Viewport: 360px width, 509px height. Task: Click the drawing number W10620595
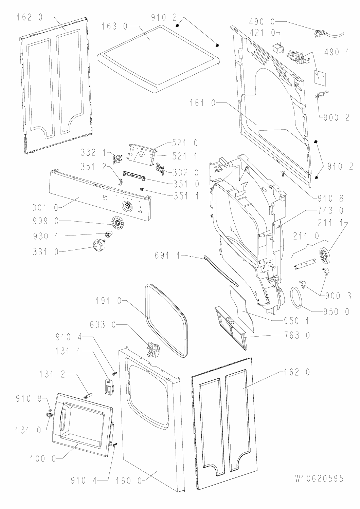coord(319,478)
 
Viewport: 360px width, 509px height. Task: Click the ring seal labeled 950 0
coord(296,298)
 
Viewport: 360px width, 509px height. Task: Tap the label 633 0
coord(101,326)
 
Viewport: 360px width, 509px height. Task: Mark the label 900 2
coord(334,117)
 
